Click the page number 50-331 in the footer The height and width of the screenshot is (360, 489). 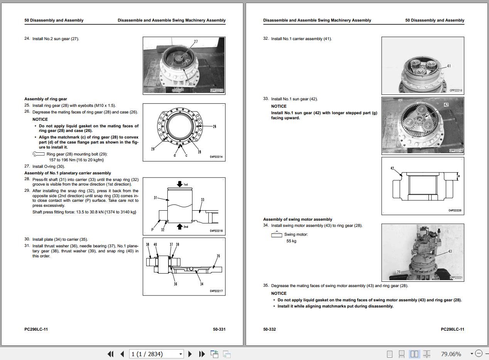pyautogui.click(x=219, y=329)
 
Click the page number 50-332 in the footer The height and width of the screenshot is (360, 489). pyautogui.click(x=270, y=329)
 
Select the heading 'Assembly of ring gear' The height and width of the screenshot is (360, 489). pyautogui.click(x=46, y=99)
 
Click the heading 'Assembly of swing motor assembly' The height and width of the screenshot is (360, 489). pyautogui.click(x=297, y=219)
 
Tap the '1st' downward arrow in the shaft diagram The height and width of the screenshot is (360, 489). pyautogui.click(x=180, y=184)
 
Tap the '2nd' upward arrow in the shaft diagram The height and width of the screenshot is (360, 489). pyautogui.click(x=179, y=226)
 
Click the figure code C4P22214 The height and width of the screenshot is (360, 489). pyautogui.click(x=216, y=157)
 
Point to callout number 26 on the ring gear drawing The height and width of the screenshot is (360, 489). pyautogui.click(x=214, y=126)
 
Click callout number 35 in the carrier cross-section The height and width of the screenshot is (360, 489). pyautogui.click(x=218, y=256)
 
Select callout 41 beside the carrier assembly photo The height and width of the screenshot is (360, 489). pyautogui.click(x=449, y=66)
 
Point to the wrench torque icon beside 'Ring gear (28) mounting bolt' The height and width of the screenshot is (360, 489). pyautogui.click(x=39, y=154)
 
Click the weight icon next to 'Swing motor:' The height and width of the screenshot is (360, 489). pyautogui.click(x=277, y=234)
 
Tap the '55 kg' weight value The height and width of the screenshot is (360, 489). pyautogui.click(x=291, y=241)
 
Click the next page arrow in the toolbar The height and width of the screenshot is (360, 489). pyautogui.click(x=190, y=354)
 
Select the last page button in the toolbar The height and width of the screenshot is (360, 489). pyautogui.click(x=201, y=354)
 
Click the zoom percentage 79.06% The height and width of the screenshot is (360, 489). pyautogui.click(x=451, y=354)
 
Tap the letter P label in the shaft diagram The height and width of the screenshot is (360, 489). pyautogui.click(x=152, y=230)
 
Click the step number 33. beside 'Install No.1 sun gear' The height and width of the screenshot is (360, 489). pyautogui.click(x=266, y=99)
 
